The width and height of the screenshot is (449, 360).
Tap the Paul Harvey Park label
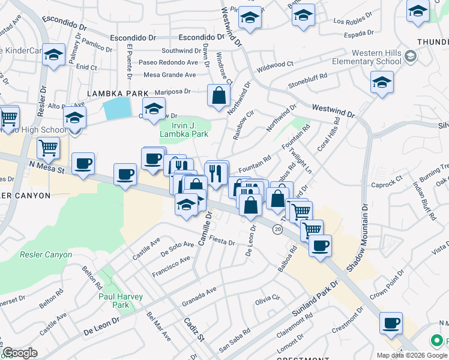click(114, 301)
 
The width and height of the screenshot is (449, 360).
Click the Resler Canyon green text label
click(46, 254)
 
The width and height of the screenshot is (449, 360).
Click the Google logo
click(20, 353)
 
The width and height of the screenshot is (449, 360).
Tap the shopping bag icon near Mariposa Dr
click(218, 95)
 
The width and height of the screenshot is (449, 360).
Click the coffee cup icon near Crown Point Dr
click(391, 323)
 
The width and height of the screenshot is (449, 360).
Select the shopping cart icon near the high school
click(48, 147)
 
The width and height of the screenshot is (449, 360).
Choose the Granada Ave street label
click(202, 292)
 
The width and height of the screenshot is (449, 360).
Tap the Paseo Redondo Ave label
click(168, 62)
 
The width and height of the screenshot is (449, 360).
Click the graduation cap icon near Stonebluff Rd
click(381, 83)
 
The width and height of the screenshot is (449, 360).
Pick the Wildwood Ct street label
click(274, 64)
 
